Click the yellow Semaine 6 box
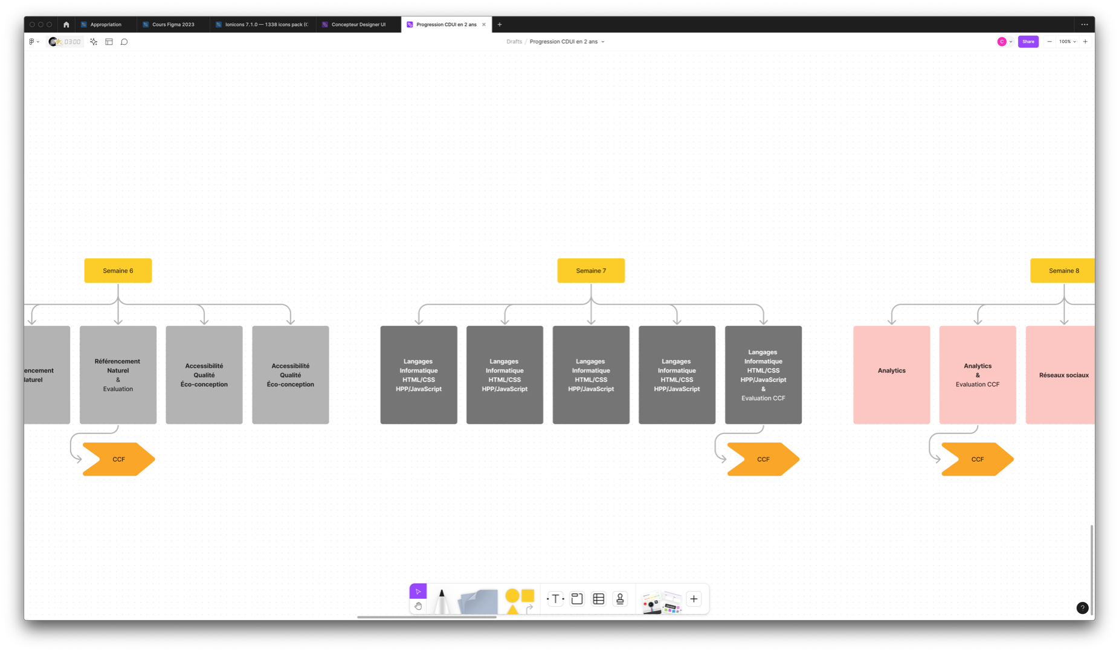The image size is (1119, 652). (118, 270)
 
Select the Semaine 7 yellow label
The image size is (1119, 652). (590, 270)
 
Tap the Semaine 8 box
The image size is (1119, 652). (1062, 270)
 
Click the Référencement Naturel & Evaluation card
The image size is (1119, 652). (118, 375)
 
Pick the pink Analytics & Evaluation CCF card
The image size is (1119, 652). (977, 375)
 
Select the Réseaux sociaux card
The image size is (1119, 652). (1060, 375)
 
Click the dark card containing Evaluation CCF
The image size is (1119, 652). (763, 375)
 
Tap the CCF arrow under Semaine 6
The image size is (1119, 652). (118, 459)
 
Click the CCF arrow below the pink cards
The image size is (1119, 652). (977, 459)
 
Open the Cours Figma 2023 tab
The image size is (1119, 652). (173, 25)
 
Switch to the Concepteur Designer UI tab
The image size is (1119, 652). (358, 25)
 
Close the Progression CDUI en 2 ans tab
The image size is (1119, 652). (484, 25)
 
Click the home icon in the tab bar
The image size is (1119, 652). (66, 25)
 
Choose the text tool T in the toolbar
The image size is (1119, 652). (555, 599)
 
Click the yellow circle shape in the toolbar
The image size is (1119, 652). (512, 596)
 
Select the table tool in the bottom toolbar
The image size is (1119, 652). (599, 599)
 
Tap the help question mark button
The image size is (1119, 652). (1082, 608)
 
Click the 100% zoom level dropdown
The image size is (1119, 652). (1067, 42)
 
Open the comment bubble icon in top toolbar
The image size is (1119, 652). (124, 42)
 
